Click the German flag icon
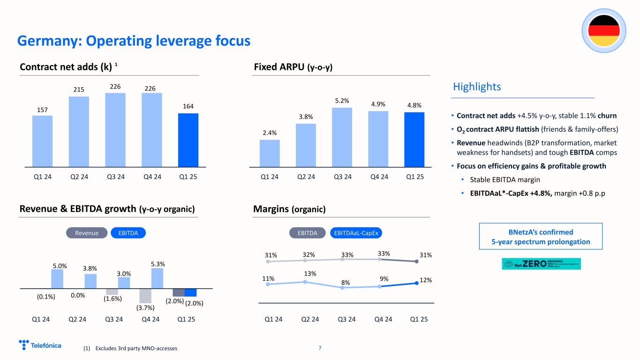pos(603,30)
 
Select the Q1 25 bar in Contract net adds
pos(188,140)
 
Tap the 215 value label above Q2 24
pos(78,89)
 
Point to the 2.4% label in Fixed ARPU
pos(270,132)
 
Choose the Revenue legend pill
pos(87,233)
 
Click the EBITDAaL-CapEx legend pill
pos(357,233)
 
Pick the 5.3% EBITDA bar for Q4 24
pos(157,278)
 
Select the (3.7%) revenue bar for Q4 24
pos(145,296)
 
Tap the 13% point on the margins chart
pos(305,282)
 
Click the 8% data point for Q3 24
pos(342,287)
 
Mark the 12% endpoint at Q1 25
pos(417,283)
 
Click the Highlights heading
pos(477,87)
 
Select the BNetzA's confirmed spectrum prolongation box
pos(541,237)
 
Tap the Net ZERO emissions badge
pos(541,264)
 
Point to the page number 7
pos(320,348)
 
